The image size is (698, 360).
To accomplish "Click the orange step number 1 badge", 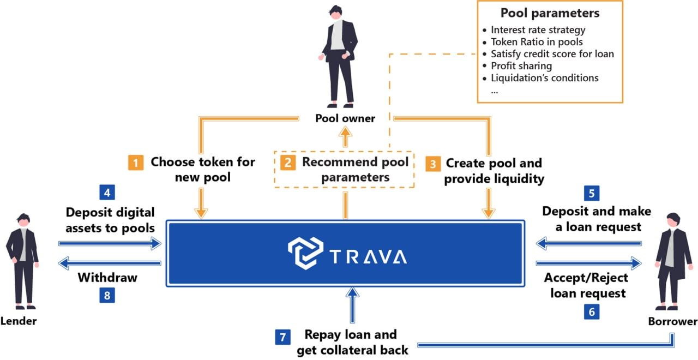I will pos(136,163).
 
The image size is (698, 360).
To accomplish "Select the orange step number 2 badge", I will pos(287,163).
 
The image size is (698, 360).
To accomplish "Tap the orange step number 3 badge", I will pos(433,163).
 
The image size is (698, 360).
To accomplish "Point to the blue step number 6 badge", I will pos(592,311).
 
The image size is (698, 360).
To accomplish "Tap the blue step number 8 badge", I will pos(107,295).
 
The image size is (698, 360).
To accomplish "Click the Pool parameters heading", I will pos(550,13).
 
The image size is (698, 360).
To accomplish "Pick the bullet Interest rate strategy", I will pos(538,29).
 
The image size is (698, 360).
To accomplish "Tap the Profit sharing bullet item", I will pos(521,66).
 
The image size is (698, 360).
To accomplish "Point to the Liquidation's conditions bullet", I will pos(544,78).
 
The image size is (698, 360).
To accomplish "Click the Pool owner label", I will pos(345,118).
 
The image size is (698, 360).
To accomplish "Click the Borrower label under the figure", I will pos(672,322).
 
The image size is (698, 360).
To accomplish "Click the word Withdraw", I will pos(107,278).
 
